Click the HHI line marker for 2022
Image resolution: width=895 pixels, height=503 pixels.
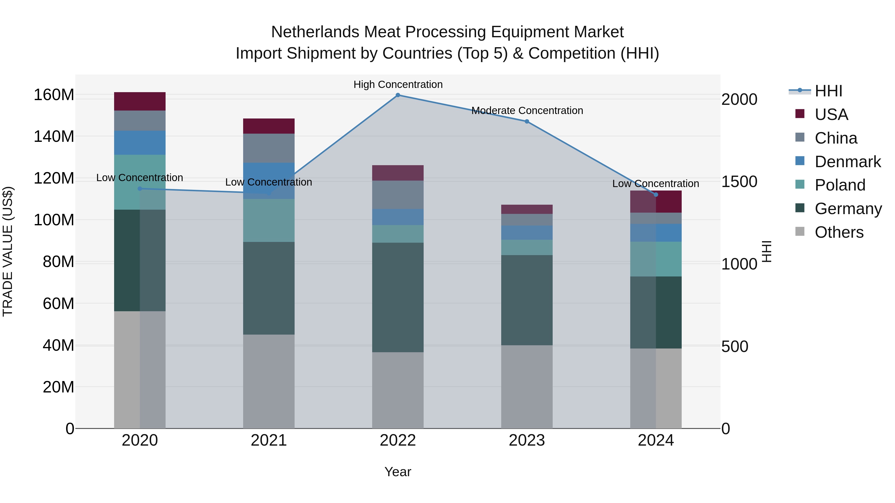coord(398,95)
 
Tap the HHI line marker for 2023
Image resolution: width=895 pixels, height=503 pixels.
coord(527,121)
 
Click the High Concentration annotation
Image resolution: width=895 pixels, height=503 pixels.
coord(398,84)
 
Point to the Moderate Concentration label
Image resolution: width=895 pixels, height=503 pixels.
coord(527,111)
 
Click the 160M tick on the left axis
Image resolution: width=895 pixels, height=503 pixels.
coord(54,95)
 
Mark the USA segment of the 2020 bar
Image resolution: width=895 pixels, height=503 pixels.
coord(140,101)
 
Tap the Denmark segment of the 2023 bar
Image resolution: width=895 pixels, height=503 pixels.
coord(527,232)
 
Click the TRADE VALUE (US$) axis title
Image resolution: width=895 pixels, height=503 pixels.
coord(8,251)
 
